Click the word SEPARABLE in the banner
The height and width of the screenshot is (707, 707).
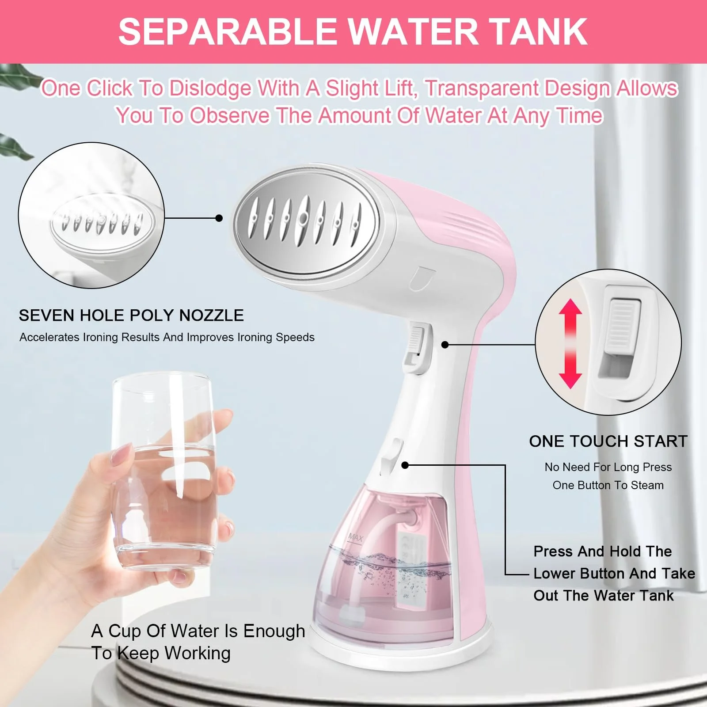[x=228, y=32]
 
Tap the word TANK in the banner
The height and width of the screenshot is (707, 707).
[x=538, y=32]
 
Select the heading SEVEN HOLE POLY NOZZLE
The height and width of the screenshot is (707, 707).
[x=131, y=315]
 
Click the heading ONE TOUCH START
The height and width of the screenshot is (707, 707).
[x=608, y=441]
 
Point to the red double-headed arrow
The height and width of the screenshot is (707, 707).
[x=570, y=344]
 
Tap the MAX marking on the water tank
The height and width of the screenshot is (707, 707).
[x=355, y=537]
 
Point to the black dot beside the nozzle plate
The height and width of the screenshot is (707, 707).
[x=219, y=218]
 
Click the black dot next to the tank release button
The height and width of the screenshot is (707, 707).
[x=405, y=465]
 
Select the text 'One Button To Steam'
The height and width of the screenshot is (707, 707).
[x=608, y=485]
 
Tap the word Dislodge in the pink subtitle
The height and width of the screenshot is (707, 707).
[x=210, y=88]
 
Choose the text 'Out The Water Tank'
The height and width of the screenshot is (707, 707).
[x=604, y=596]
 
